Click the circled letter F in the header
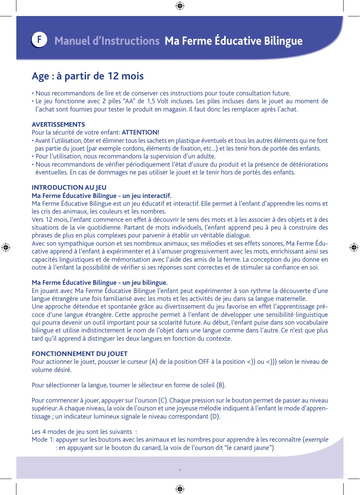39,40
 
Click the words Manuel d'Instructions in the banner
107,41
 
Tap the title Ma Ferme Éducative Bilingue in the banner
234,41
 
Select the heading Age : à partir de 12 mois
88,76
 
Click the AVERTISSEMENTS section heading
58,124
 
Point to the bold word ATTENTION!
140,132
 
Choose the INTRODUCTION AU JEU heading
69,187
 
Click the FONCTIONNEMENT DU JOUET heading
79,354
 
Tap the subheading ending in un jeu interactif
101,196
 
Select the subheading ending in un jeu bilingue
100,283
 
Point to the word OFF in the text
203,362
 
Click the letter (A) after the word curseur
153,362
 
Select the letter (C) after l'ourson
163,400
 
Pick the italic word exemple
317,439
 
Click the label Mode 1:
43,439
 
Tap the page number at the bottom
180,470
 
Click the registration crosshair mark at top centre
180,6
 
